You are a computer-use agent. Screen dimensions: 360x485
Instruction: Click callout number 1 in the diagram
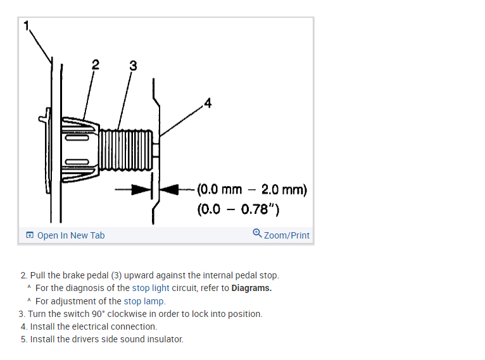27,26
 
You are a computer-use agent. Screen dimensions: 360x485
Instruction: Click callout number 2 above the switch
95,64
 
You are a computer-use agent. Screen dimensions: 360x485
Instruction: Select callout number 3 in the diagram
132,65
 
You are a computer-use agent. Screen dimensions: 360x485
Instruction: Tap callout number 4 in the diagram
208,102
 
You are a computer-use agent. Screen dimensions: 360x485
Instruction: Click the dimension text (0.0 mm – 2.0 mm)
251,189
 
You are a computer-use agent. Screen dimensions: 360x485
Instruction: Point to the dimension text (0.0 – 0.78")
239,209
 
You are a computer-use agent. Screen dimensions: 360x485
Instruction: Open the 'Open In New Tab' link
70,235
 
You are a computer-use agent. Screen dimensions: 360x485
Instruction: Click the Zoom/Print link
286,235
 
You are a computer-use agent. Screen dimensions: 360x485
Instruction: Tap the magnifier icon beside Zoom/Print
256,233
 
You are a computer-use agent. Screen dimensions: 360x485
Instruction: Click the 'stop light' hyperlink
150,289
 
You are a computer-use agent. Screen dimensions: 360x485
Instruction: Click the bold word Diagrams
251,289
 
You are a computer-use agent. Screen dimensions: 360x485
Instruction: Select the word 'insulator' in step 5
165,339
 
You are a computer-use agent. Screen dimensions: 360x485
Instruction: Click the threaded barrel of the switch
130,147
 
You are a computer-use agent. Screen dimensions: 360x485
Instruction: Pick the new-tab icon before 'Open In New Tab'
30,235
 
